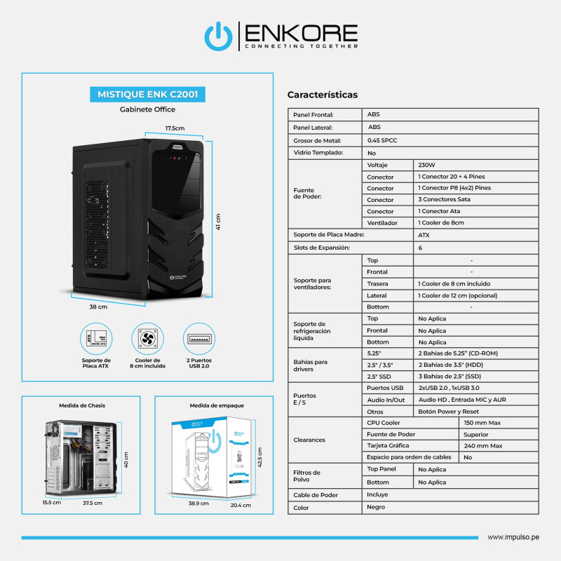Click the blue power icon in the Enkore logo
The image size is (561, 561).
click(218, 36)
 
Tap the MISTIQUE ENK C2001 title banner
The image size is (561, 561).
click(147, 93)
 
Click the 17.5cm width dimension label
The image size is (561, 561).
click(175, 128)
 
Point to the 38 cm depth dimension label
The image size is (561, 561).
click(98, 307)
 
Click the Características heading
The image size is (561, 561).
click(323, 95)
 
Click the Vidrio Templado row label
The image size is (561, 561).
click(318, 152)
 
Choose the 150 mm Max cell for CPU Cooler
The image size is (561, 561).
click(483, 423)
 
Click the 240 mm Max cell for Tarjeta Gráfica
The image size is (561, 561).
click(483, 445)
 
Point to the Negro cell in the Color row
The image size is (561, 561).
click(376, 506)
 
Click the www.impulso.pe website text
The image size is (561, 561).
click(513, 537)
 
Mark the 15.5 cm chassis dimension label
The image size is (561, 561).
click(52, 503)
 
